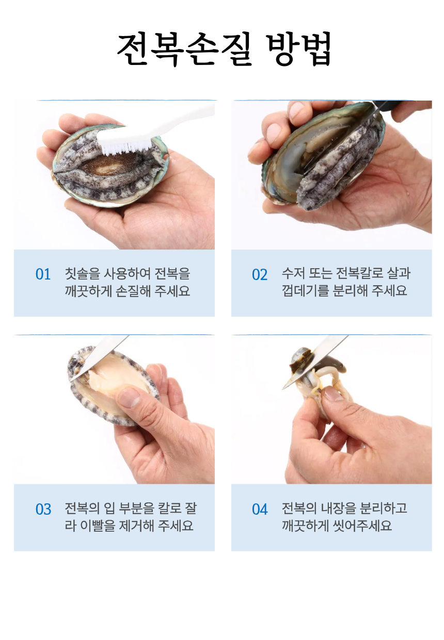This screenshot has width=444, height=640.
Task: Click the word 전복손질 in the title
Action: click(184, 49)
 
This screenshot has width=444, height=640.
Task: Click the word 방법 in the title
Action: click(299, 49)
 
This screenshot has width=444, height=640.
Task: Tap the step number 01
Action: click(43, 274)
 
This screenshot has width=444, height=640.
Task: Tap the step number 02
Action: click(260, 274)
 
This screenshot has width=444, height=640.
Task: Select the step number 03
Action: click(43, 510)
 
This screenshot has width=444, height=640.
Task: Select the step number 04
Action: click(260, 510)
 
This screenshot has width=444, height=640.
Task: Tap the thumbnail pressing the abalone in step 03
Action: click(129, 396)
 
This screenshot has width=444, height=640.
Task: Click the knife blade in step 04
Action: click(315, 362)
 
